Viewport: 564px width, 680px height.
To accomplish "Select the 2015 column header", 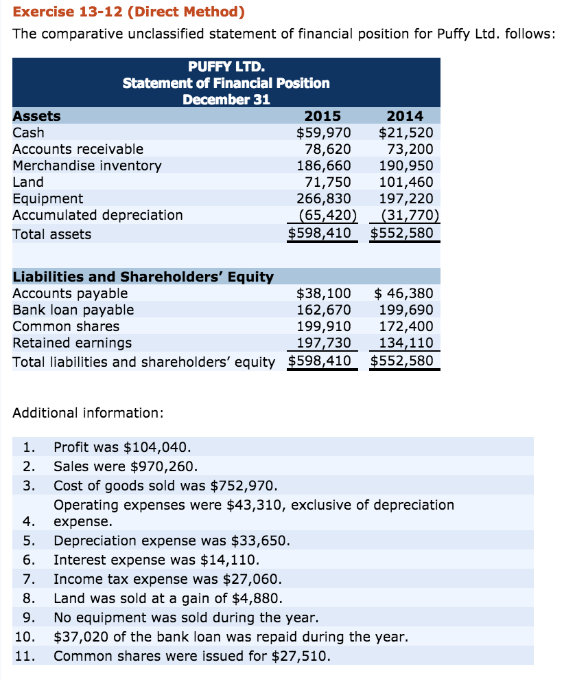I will point(322,116).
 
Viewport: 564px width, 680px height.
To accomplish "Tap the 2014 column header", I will point(405,116).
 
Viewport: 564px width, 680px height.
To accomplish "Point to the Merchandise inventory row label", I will point(87,166).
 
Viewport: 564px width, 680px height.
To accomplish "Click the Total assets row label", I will point(52,234).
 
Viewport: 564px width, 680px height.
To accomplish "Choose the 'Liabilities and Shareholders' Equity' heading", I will point(143,277).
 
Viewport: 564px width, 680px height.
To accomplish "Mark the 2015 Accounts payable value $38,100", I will point(323,293).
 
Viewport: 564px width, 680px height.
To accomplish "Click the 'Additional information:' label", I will point(89,413).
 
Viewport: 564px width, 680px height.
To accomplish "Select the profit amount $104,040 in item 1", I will point(152,447).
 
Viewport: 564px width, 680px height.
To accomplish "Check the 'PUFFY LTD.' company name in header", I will point(226,67).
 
